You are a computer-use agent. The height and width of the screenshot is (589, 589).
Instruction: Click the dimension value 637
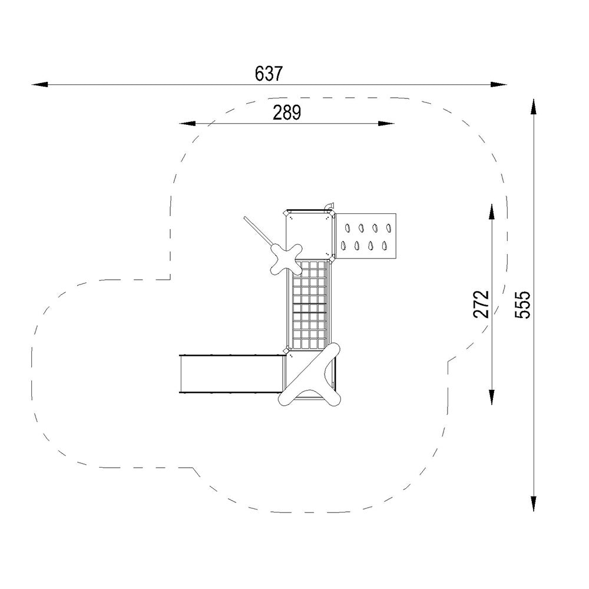click(268, 74)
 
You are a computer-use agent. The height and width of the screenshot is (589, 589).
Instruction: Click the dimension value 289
click(287, 112)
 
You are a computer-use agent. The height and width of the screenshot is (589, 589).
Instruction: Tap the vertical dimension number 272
click(481, 305)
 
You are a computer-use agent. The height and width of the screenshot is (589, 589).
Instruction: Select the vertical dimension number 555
click(522, 305)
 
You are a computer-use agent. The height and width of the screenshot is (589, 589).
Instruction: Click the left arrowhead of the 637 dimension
click(40, 84)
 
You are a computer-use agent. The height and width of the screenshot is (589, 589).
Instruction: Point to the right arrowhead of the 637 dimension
click(498, 84)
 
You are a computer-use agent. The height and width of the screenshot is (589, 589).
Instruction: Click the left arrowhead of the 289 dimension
click(187, 123)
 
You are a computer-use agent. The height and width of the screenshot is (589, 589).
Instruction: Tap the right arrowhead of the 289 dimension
click(386, 123)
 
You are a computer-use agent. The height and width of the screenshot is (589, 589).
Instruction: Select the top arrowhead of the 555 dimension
click(533, 106)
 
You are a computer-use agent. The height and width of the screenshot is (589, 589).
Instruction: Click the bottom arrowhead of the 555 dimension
click(533, 504)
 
